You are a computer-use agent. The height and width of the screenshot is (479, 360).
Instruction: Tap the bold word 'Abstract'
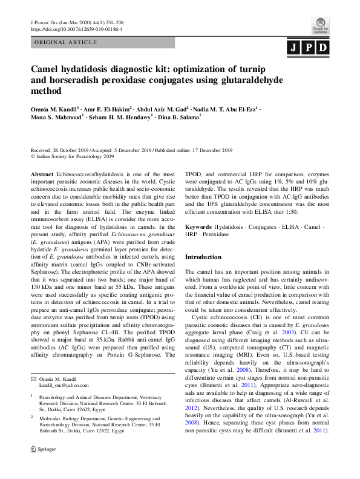[42, 173]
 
